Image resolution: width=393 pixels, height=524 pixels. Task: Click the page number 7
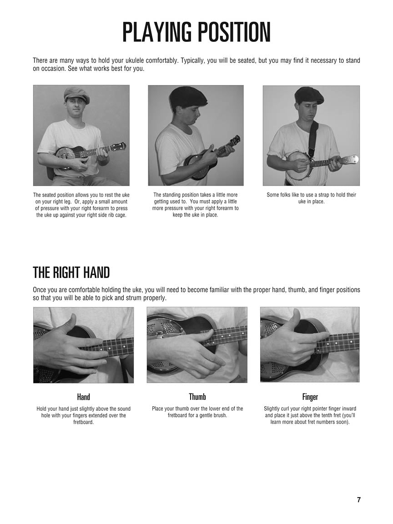point(358,500)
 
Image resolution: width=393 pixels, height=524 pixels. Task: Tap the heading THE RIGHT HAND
point(71,273)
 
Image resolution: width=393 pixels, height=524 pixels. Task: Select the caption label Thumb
point(197,397)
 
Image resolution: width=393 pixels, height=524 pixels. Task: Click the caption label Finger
point(310,397)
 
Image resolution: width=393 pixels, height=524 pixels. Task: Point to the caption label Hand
point(84,397)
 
